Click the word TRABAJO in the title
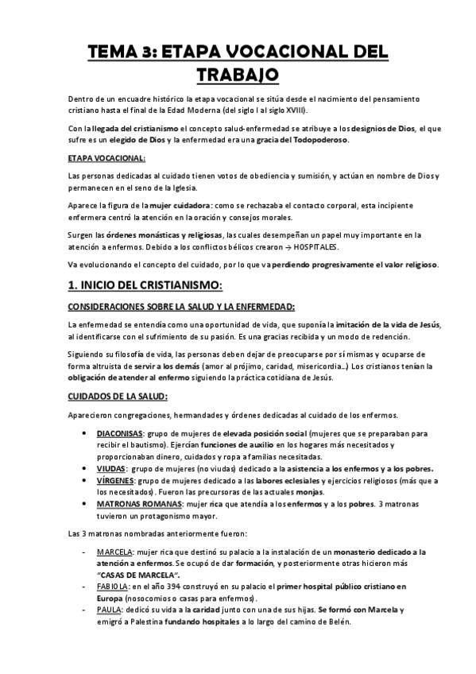point(237,75)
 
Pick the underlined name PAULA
point(109,610)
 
